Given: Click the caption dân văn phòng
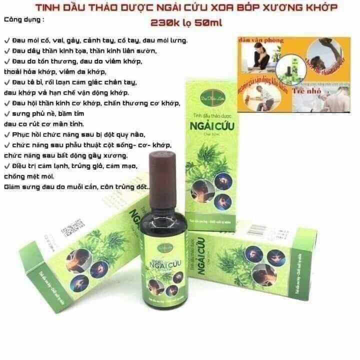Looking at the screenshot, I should (x=263, y=40).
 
